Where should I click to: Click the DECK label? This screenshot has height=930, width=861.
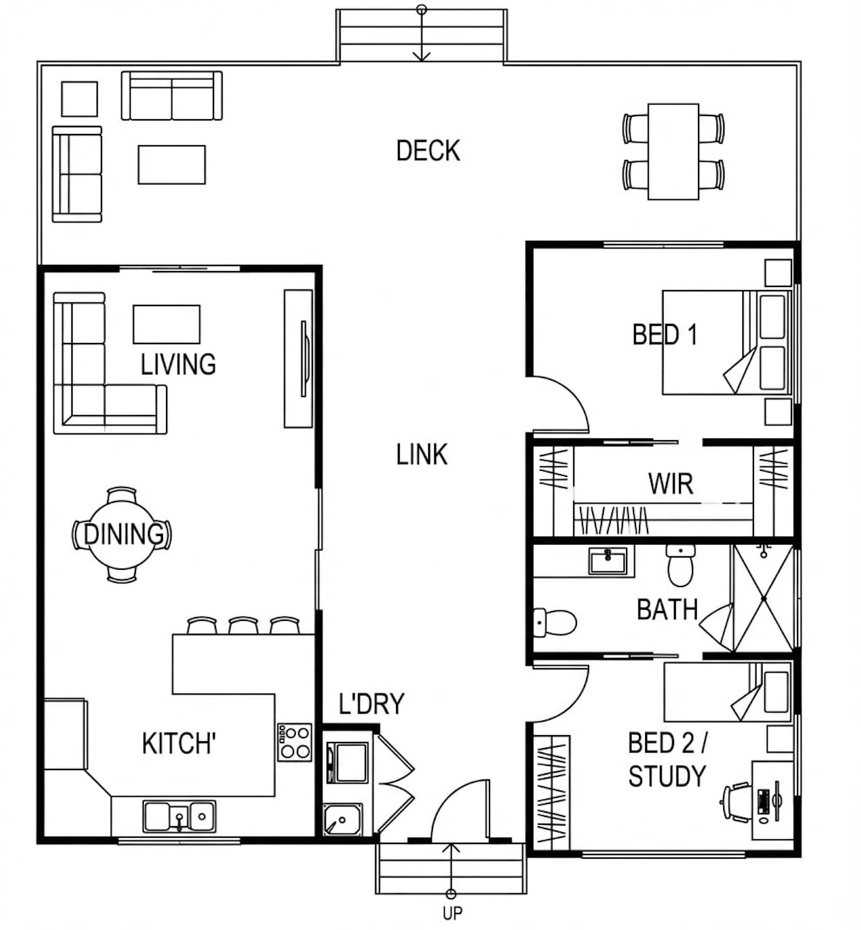428,151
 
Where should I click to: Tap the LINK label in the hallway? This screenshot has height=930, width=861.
422,454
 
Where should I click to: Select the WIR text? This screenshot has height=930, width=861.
671,483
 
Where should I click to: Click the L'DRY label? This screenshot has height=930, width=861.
371,703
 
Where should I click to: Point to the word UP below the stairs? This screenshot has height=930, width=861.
452,913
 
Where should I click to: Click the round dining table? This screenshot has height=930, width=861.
122,534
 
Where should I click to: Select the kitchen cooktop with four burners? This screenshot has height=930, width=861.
295,743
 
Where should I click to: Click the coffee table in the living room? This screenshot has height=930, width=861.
167,324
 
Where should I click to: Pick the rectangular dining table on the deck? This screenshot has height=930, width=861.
673,151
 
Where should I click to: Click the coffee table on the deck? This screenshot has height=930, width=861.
172,164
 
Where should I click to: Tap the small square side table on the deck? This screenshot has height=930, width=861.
80,99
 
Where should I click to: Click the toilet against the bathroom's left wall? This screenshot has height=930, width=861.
555,622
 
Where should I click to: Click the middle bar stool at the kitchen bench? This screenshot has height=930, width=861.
244,625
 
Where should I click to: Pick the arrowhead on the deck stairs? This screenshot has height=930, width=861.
422,56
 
